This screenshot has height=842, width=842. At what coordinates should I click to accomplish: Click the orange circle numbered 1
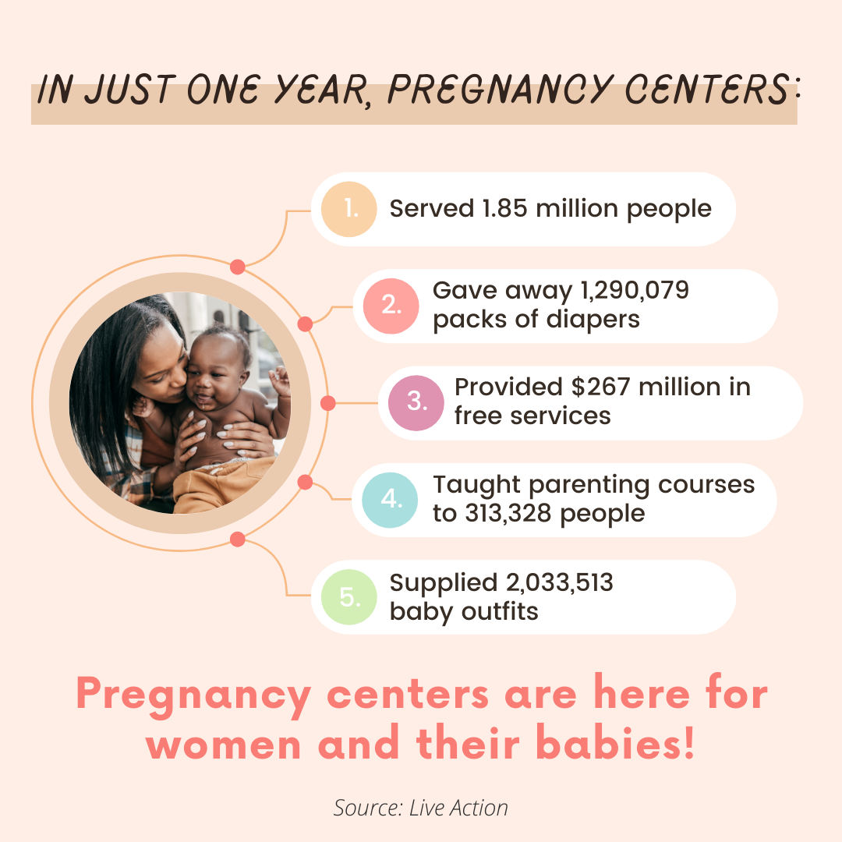tap(349, 210)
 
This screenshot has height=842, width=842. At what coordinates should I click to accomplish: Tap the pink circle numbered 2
tap(391, 306)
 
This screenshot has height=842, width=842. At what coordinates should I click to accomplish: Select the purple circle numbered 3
tap(416, 403)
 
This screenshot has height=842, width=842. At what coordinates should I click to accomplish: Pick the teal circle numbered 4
tap(390, 500)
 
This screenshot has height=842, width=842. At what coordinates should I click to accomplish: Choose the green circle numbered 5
tap(349, 597)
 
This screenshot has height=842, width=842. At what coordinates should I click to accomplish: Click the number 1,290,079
tap(635, 291)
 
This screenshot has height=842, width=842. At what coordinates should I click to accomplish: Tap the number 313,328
tap(508, 513)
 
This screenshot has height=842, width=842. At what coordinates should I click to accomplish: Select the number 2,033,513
tap(560, 582)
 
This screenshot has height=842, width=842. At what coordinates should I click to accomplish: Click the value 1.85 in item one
tap(504, 208)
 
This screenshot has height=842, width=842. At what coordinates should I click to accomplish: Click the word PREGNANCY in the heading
tap(500, 89)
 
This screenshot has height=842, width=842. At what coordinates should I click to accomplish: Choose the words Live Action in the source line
tap(458, 808)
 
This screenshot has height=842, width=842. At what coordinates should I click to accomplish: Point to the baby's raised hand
tap(280, 380)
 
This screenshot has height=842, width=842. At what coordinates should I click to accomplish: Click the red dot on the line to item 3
tap(328, 403)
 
